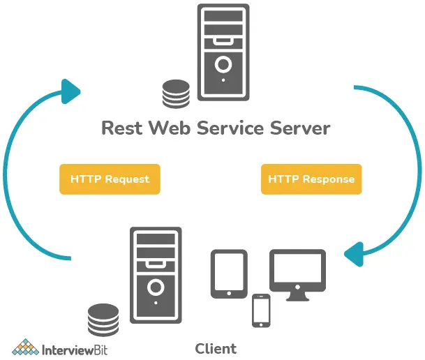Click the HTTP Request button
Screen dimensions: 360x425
pos(110,179)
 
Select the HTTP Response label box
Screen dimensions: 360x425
pos(311,179)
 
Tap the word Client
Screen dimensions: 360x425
pos(215,348)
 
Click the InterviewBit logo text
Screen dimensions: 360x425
pos(77,348)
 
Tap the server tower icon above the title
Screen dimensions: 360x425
pos(223,52)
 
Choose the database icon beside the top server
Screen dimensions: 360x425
pos(175,94)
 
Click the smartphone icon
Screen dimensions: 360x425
pos(261,310)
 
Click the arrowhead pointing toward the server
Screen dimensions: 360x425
pos(69,89)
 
